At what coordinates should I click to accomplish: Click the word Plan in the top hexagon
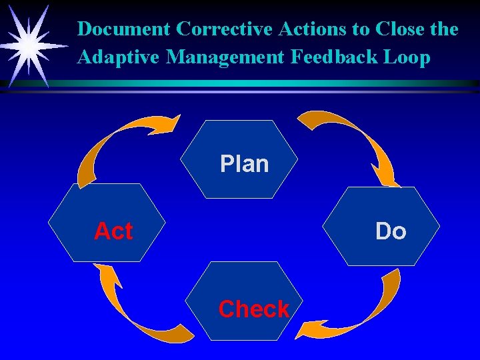244,164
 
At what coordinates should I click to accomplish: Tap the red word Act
113,231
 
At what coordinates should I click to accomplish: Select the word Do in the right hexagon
391,231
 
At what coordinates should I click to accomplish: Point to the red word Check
253,309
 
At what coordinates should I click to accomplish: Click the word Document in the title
124,29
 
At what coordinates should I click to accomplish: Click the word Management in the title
226,57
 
